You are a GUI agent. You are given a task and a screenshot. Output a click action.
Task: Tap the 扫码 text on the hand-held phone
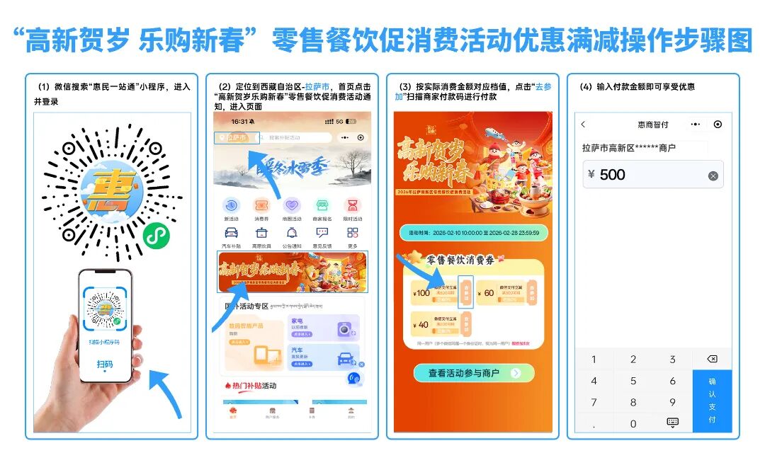105,364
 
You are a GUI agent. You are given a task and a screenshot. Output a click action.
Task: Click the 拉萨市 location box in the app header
234,138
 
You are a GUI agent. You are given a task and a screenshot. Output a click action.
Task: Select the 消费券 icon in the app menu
261,206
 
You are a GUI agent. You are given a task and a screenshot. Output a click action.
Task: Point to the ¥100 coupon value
422,292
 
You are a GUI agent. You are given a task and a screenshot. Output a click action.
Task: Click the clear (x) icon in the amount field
713,176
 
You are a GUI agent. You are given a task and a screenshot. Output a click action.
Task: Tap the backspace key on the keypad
713,359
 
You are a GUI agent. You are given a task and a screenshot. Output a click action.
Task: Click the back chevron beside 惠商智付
583,125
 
